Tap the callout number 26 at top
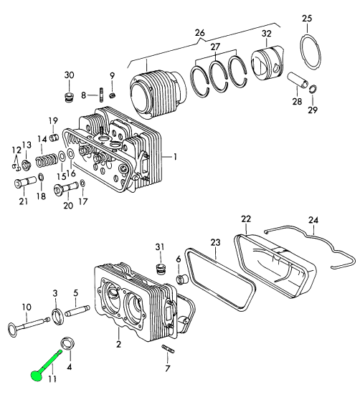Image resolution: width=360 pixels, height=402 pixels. pyautogui.click(x=199, y=33)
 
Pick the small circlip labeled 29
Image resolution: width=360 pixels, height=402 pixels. pyautogui.click(x=313, y=89)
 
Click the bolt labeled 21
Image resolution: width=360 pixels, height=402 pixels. pyautogui.click(x=20, y=183)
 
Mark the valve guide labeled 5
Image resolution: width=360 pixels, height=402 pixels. pyautogui.click(x=77, y=313)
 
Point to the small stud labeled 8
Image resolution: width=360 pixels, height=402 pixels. pyautogui.click(x=103, y=95)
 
